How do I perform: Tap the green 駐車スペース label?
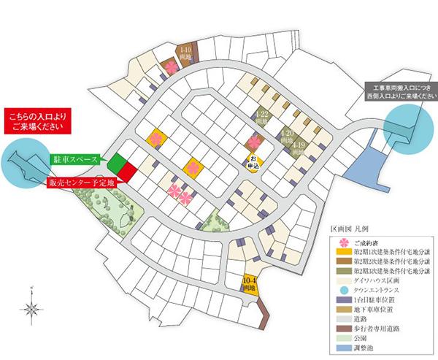pyautogui.click(x=74, y=158)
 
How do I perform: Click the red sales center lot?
pyautogui.click(x=126, y=172)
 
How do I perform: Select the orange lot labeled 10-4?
pyautogui.click(x=251, y=283)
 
